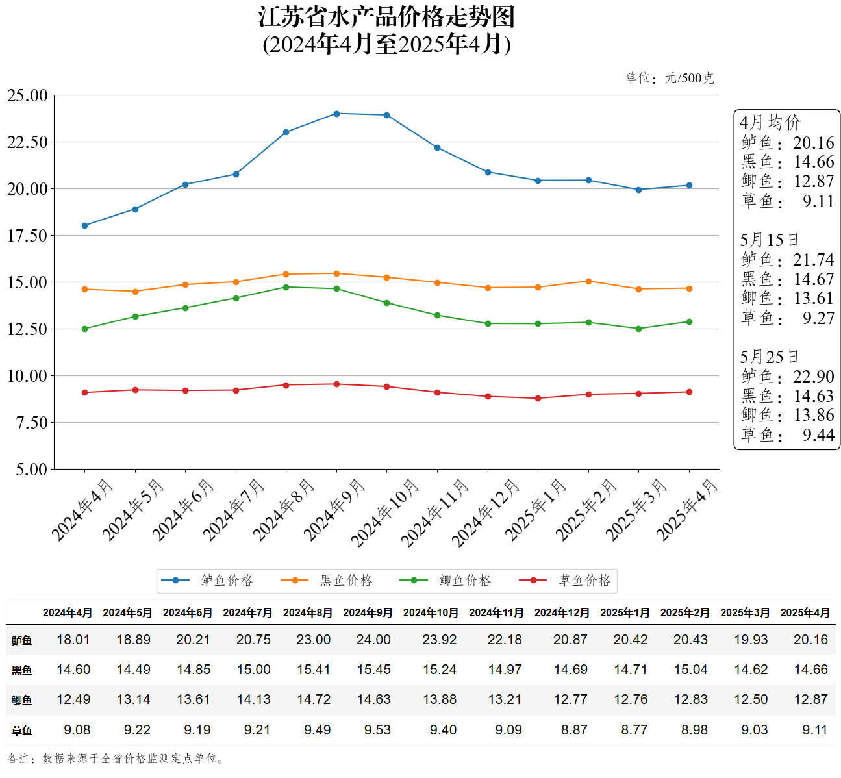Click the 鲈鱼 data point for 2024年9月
point(336,114)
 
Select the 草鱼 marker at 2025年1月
point(538,398)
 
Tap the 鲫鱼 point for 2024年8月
point(286,287)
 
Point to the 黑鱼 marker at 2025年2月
point(588,281)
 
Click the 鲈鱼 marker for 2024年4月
point(84,225)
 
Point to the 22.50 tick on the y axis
point(27,142)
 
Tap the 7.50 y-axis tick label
point(31,423)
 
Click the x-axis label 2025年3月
point(637,509)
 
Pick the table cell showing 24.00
point(373,640)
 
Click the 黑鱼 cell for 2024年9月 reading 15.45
point(373,670)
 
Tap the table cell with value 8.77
point(634,730)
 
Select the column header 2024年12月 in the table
point(562,612)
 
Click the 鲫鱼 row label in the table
point(21,700)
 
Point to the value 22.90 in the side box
point(813,377)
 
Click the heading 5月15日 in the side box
point(769,240)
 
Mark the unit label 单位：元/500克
point(669,79)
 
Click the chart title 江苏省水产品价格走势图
point(386,18)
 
